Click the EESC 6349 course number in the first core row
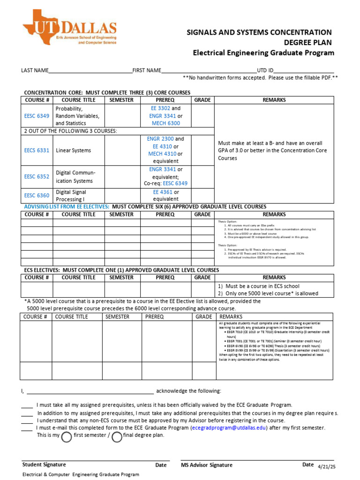click(37, 116)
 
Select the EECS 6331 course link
click(37, 150)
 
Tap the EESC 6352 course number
click(37, 177)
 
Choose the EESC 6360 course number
click(37, 195)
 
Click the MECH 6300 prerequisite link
click(166, 123)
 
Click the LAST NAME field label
click(35, 70)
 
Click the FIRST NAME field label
click(147, 70)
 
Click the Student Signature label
click(44, 465)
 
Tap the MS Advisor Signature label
click(207, 465)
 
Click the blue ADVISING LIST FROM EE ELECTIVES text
click(67, 207)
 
